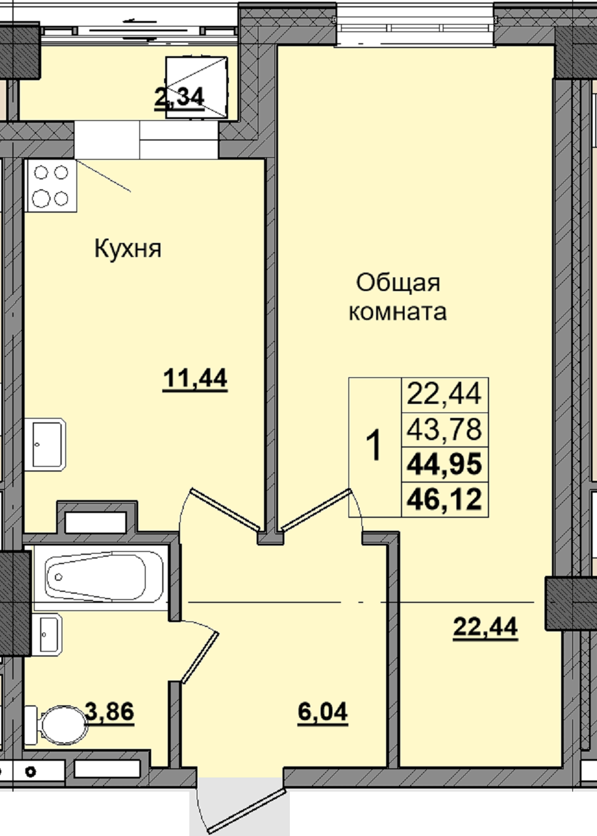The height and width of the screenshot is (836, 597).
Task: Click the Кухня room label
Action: click(128, 249)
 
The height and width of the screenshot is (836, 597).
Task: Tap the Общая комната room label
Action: click(398, 297)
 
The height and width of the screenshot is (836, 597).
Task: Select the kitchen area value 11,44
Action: click(195, 379)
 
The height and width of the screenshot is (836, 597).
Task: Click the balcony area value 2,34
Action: click(179, 97)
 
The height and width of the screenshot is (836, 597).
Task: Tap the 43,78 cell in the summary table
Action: click(444, 429)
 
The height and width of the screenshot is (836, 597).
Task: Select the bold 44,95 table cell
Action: click(444, 464)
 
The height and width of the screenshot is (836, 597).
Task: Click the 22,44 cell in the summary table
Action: click(444, 394)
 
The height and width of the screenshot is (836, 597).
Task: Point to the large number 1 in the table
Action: click(374, 445)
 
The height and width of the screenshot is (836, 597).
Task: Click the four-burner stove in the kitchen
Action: click(51, 186)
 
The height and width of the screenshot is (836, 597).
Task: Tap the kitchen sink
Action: click(45, 444)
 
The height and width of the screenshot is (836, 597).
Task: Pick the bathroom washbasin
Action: click(47, 634)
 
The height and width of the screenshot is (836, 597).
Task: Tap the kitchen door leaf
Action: click(224, 509)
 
